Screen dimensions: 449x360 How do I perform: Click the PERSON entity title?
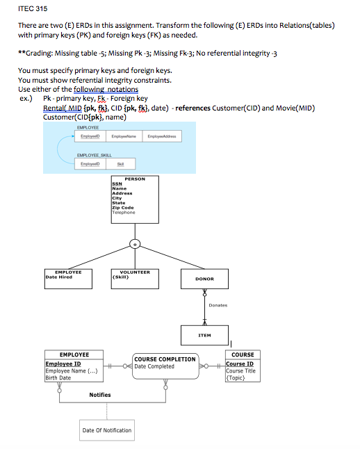pyautogui.click(x=135, y=179)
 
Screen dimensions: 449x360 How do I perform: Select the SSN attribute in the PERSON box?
pyautogui.click(x=117, y=184)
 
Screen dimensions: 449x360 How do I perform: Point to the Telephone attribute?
pyautogui.click(x=123, y=212)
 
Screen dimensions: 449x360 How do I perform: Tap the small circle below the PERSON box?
pyautogui.click(x=136, y=243)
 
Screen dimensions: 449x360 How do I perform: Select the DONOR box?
pyautogui.click(x=204, y=279)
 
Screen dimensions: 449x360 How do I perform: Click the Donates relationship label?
pyautogui.click(x=218, y=304)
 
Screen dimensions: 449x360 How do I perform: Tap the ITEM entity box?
pyautogui.click(x=204, y=334)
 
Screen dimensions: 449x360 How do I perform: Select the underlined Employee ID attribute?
pyautogui.click(x=63, y=364)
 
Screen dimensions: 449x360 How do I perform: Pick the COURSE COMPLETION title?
pyautogui.click(x=165, y=359)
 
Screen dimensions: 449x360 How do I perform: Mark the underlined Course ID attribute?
pyautogui.click(x=240, y=364)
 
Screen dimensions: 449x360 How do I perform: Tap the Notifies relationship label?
pyautogui.click(x=100, y=395)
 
